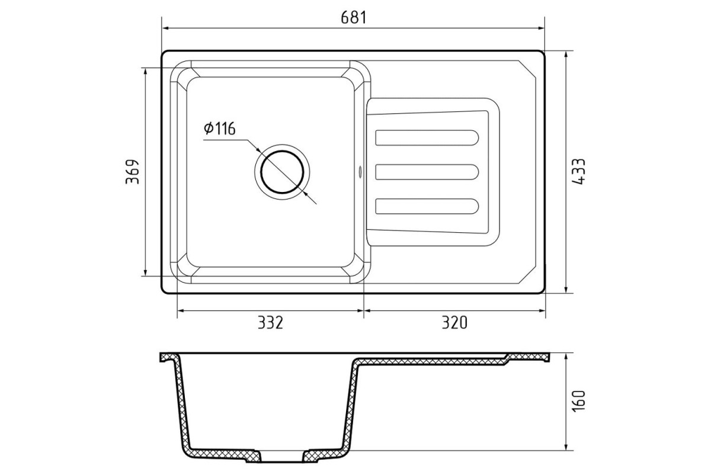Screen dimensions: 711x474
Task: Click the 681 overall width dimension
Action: point(354,17)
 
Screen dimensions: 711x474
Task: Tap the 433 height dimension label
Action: point(578,171)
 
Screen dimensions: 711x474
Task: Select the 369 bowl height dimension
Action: point(132,172)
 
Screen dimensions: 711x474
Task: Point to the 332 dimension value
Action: point(270,322)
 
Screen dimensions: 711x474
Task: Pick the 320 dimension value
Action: point(454,322)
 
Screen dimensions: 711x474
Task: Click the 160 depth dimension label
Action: point(578,401)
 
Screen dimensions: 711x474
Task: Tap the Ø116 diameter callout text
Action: point(220,129)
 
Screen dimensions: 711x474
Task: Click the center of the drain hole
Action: point(282,172)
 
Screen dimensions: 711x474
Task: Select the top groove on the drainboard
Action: point(427,138)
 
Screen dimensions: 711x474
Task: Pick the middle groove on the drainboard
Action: point(427,172)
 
